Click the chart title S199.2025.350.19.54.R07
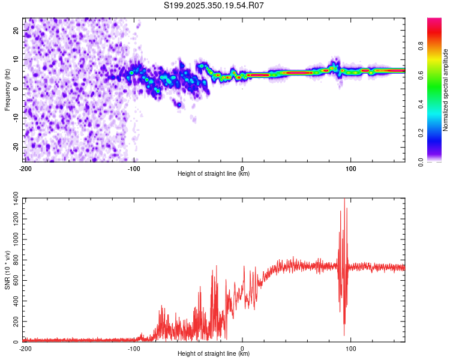[214, 6]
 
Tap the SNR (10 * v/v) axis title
[7, 270]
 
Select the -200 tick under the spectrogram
[25, 167]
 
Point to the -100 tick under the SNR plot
[134, 348]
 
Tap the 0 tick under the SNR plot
[242, 348]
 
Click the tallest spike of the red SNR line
[344, 200]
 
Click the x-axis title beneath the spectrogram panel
[214, 174]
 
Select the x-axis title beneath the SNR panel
[214, 354]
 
